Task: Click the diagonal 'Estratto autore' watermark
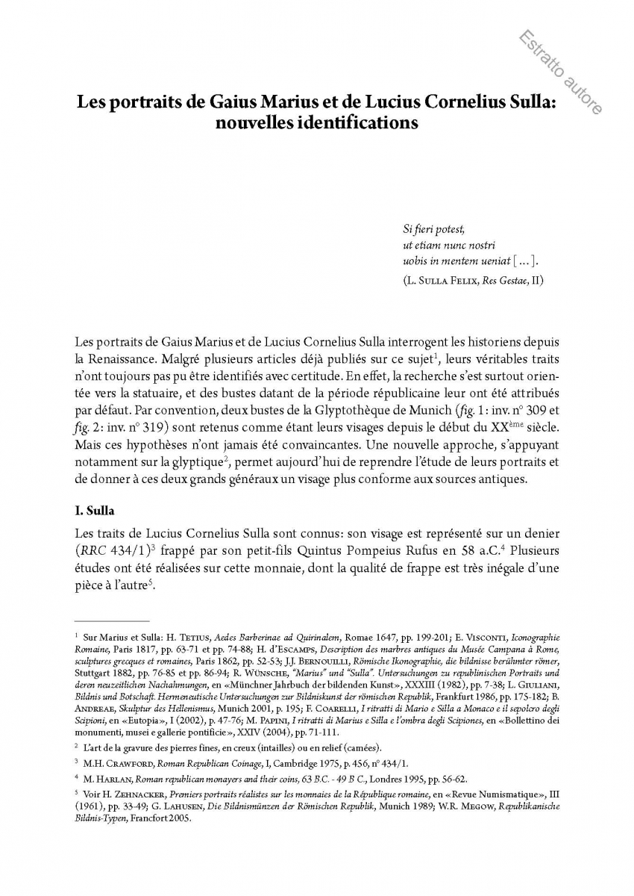pyautogui.click(x=559, y=72)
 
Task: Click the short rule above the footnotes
pyautogui.click(x=112, y=620)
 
